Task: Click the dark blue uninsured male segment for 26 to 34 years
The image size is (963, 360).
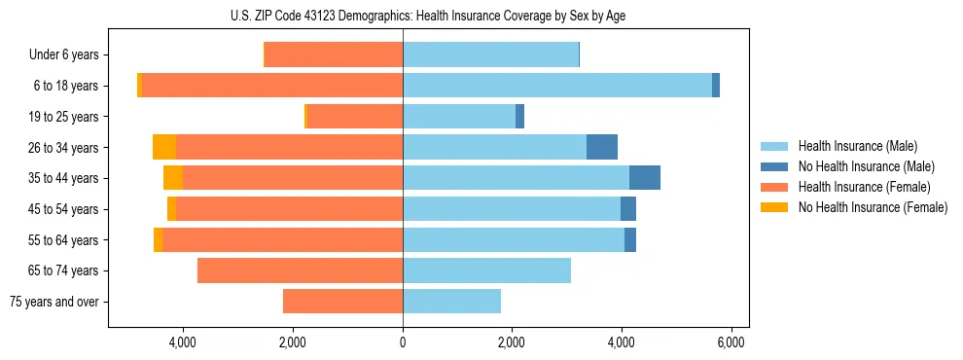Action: click(602, 147)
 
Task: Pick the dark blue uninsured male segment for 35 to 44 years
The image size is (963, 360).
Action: click(645, 178)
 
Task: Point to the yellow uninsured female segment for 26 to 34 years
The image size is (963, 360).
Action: click(164, 147)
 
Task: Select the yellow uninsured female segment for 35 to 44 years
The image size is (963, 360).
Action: click(173, 178)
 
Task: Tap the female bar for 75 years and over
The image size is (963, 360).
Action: click(342, 302)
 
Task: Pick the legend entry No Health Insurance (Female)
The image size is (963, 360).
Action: click(873, 207)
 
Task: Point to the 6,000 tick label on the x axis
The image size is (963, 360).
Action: click(731, 342)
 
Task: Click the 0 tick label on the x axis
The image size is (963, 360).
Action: click(403, 342)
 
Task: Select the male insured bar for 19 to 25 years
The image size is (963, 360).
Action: click(458, 117)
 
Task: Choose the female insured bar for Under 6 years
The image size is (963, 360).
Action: click(334, 55)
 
